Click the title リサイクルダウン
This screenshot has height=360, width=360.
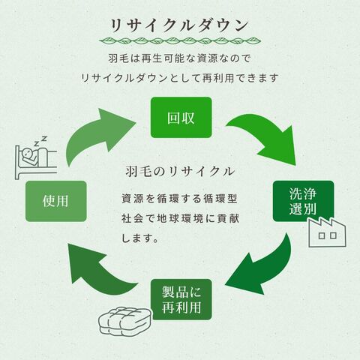(179, 25)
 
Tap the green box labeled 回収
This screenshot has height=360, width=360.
(181, 117)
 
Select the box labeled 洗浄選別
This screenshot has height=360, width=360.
(303, 201)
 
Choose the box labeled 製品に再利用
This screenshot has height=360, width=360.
(181, 299)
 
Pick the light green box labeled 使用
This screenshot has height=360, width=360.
(56, 201)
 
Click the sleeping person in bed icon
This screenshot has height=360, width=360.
(35, 158)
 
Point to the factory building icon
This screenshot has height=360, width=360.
(327, 232)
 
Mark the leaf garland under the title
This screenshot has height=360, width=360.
(180, 40)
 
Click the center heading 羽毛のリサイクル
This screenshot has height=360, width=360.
(180, 172)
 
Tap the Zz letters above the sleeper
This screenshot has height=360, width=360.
(40, 141)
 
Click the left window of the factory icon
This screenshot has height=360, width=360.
(322, 235)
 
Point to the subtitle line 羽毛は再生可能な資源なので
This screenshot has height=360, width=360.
(179, 58)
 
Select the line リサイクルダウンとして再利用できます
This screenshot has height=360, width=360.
(180, 78)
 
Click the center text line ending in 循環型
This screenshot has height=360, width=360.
(179, 199)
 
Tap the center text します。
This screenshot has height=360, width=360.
(140, 238)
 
